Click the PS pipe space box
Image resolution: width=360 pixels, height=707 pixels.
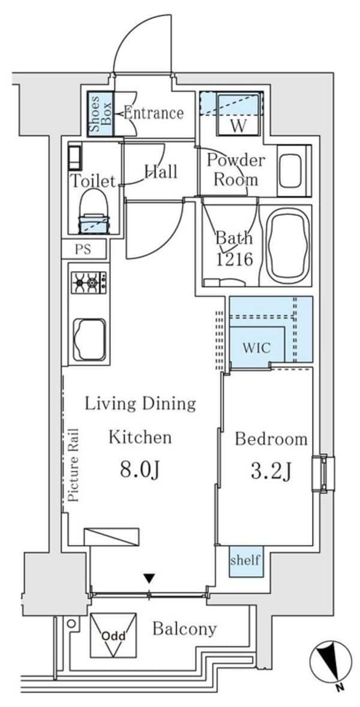pyautogui.click(x=83, y=249)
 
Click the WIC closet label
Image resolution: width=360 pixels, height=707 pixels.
pyautogui.click(x=256, y=348)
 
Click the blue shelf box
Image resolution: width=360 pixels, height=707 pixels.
pyautogui.click(x=245, y=560)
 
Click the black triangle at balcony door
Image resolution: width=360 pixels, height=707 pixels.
pyautogui.click(x=149, y=579)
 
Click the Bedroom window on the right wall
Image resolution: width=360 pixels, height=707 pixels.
pyautogui.click(x=323, y=474)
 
